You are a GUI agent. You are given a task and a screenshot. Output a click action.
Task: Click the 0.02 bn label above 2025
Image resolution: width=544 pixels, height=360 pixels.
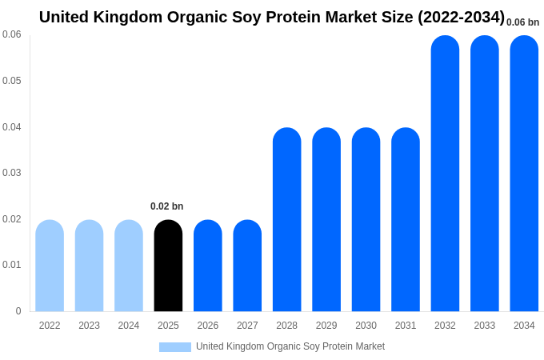(x=166, y=206)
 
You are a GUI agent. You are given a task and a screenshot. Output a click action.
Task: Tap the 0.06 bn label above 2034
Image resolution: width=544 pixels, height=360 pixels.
(x=522, y=22)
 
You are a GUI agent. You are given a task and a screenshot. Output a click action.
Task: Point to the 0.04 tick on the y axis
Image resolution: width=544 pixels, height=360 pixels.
(x=12, y=127)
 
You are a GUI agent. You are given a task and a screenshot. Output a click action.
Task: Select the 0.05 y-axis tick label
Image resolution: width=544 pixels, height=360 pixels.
(x=12, y=81)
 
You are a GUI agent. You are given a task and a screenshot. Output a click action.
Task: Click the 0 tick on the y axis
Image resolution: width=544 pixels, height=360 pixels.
(x=18, y=311)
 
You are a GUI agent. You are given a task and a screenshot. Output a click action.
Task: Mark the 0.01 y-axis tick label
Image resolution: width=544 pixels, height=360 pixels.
(x=12, y=265)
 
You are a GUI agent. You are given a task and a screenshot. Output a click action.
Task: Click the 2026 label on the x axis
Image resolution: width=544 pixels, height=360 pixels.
(x=208, y=326)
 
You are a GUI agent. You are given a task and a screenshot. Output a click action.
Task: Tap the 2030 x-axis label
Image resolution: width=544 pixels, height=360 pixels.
(x=366, y=326)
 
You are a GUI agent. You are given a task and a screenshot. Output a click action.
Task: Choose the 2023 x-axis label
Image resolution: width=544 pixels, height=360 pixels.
(x=89, y=326)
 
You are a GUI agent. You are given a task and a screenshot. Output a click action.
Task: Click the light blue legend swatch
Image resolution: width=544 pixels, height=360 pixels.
(x=175, y=347)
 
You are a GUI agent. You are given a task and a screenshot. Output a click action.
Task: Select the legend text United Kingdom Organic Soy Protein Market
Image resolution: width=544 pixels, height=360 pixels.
(x=290, y=346)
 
